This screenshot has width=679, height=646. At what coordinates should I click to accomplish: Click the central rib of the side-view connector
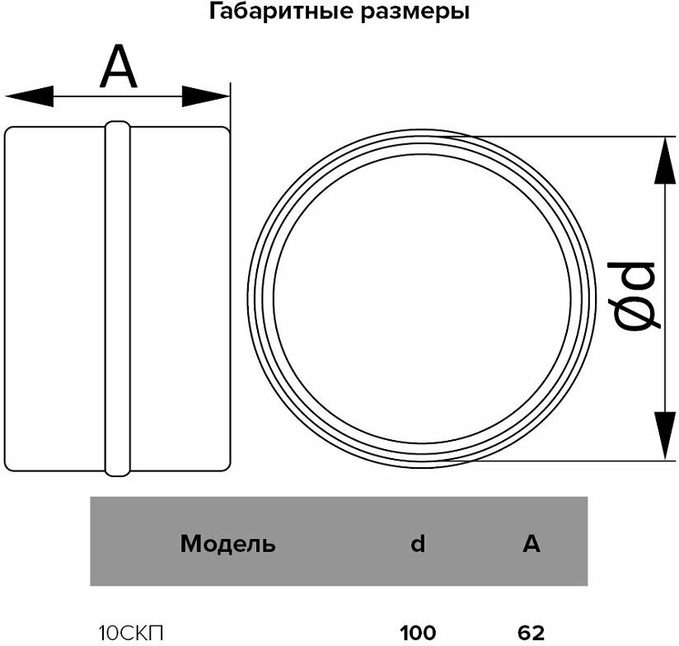[x=117, y=298]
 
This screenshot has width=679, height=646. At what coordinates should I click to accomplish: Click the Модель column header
[x=227, y=544]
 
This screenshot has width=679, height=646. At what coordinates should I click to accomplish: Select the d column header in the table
[x=418, y=544]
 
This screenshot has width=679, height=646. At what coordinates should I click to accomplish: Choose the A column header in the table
[x=531, y=544]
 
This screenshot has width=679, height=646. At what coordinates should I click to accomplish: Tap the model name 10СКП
[x=130, y=634]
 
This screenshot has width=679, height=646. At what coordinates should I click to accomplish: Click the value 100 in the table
[x=418, y=634]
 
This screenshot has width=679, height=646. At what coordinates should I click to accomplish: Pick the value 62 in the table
[x=531, y=634]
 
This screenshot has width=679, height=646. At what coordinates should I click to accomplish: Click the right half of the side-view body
[x=178, y=298]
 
